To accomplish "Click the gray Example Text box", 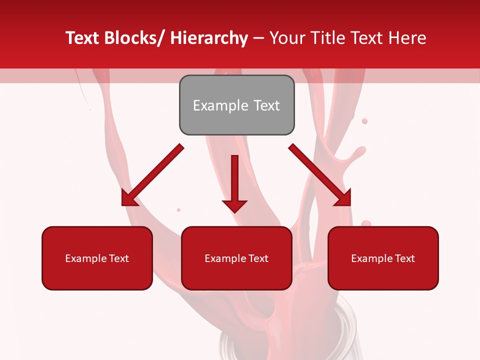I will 236,105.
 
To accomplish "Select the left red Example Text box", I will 97,258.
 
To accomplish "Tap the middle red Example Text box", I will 236,258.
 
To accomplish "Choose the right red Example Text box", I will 383,258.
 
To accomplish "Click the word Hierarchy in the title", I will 208,38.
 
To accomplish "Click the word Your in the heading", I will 287,38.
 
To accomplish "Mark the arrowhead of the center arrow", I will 234,206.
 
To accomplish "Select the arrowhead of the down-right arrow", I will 344,199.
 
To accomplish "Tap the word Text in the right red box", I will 404,258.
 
